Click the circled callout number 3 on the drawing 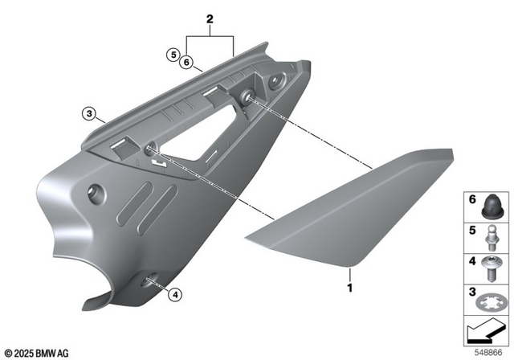(88, 113)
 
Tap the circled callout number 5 (172, 54)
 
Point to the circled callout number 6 (186, 62)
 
